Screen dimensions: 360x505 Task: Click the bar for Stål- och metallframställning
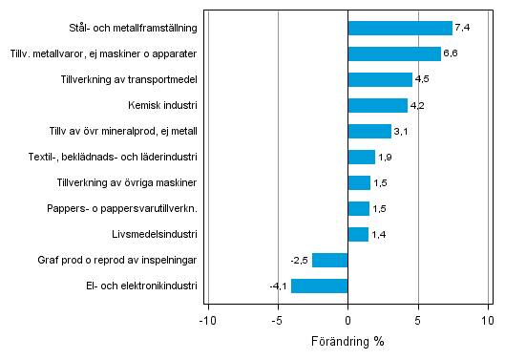[400, 28]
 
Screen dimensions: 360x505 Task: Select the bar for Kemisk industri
[378, 105]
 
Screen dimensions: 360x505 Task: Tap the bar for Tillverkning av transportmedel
[380, 79]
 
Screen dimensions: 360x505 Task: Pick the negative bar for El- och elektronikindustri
[320, 286]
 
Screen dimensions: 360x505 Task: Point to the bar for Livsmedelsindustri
[358, 234]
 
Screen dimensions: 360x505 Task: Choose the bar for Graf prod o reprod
[330, 260]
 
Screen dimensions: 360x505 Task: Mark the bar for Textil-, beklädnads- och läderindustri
[362, 157]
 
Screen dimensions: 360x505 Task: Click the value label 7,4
[462, 28]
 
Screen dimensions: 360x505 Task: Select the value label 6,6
[451, 53]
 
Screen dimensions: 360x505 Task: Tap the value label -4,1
[279, 286]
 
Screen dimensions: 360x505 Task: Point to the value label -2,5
[300, 260]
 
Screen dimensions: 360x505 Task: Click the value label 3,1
[401, 131]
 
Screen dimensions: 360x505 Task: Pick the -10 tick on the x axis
[206, 321]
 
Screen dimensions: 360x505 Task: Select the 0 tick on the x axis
[348, 321]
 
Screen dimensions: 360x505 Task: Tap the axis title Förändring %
[347, 341]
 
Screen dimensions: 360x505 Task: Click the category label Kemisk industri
[162, 105]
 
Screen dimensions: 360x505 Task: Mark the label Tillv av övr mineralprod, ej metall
[123, 131]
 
